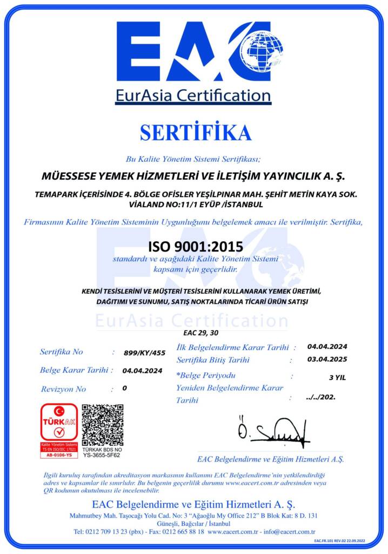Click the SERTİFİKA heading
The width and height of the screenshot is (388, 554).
click(x=195, y=133)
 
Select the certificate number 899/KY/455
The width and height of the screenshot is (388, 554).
click(x=144, y=352)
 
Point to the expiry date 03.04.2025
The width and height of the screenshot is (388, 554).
click(x=327, y=359)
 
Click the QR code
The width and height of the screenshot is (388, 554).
click(x=103, y=424)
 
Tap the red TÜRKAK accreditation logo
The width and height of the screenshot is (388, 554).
click(x=59, y=430)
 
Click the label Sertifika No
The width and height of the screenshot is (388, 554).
click(x=62, y=352)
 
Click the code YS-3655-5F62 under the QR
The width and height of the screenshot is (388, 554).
click(x=102, y=456)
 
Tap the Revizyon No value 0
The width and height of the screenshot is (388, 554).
click(x=125, y=388)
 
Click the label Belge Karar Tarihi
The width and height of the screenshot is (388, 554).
click(x=76, y=370)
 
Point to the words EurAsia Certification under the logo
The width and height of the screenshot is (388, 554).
click(x=193, y=96)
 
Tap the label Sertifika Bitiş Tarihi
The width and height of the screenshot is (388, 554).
click(x=213, y=360)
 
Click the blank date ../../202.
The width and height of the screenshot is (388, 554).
click(x=320, y=397)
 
